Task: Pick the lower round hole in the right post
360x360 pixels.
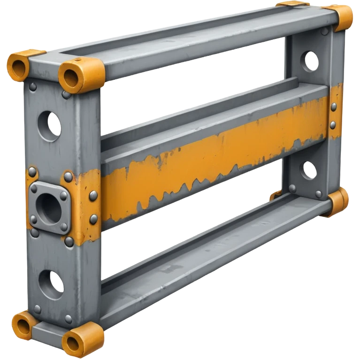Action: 308,170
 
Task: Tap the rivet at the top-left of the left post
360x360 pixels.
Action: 33,87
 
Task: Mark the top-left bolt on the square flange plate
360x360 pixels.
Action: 34,189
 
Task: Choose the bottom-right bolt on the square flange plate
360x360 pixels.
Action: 64,227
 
